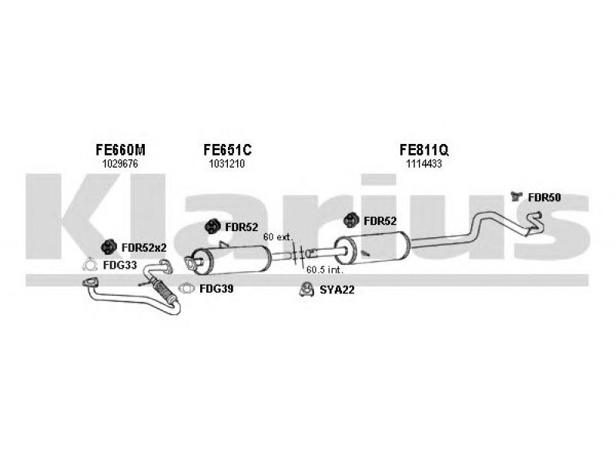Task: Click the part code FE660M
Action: tap(120, 149)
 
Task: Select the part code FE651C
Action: tap(227, 149)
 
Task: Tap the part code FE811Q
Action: tap(424, 149)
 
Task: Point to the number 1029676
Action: tap(120, 164)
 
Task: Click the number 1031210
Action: tap(226, 164)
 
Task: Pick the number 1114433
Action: tap(424, 164)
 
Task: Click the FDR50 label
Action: tap(544, 198)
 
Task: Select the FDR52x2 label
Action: tap(144, 248)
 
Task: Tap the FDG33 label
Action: tap(120, 265)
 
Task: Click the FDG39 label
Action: tap(216, 289)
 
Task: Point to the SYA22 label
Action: tap(336, 290)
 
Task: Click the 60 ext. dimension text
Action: tap(278, 237)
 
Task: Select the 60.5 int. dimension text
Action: tap(324, 270)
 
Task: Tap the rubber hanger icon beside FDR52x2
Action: tap(109, 247)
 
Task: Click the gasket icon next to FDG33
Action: tap(90, 265)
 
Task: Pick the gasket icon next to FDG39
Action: tap(186, 289)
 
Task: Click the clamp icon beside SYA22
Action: tap(306, 290)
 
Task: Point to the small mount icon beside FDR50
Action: tap(516, 196)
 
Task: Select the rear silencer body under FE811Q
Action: tap(372, 247)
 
